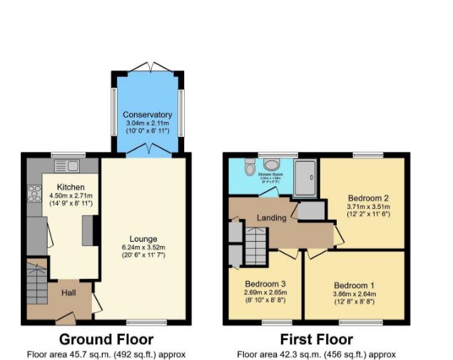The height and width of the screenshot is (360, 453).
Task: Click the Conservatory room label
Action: tap(147, 115)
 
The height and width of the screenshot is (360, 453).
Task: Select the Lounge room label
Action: tap(143, 239)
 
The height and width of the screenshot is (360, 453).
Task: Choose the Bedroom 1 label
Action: tap(354, 285)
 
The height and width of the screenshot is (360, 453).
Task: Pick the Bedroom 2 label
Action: tap(368, 197)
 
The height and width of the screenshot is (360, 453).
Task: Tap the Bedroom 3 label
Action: tap(265, 283)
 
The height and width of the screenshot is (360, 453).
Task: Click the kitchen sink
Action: tap(66, 167)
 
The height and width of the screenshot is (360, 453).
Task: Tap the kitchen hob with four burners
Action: tap(34, 193)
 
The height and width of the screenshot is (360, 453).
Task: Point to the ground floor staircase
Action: tap(36, 283)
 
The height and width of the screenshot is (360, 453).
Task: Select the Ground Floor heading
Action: tap(106, 339)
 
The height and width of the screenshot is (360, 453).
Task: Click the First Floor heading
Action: tap(316, 339)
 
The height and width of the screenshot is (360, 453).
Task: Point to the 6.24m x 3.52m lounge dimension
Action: tap(143, 247)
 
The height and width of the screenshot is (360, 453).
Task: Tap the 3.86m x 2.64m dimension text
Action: tap(354, 294)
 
